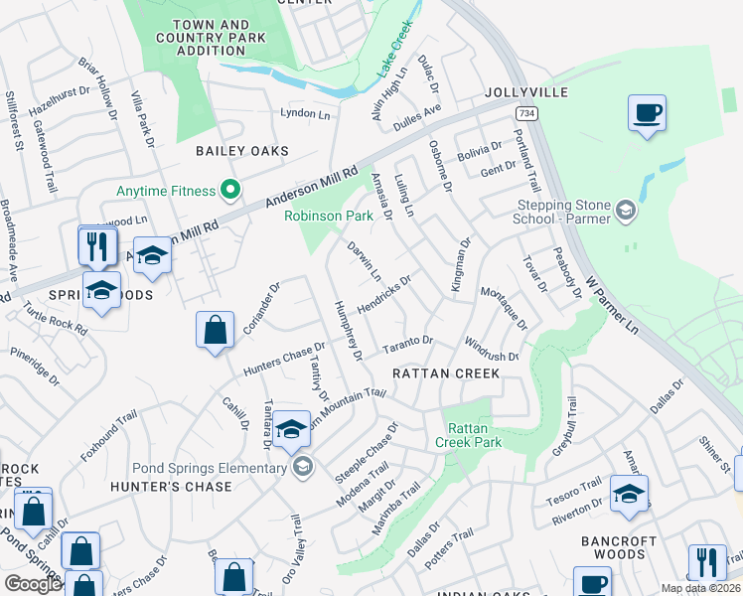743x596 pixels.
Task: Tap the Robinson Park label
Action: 328,215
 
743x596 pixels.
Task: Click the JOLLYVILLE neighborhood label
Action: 526,92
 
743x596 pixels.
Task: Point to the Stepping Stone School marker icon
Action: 625,211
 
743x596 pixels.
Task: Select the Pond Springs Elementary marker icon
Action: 303,467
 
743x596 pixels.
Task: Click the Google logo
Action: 34,584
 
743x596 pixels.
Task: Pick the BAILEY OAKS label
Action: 241,151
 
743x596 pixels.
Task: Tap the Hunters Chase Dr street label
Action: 285,360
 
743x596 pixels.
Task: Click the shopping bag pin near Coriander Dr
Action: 216,331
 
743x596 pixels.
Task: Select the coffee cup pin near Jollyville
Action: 647,112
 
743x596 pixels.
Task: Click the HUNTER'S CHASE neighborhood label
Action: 171,487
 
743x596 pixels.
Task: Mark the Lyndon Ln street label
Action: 305,113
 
